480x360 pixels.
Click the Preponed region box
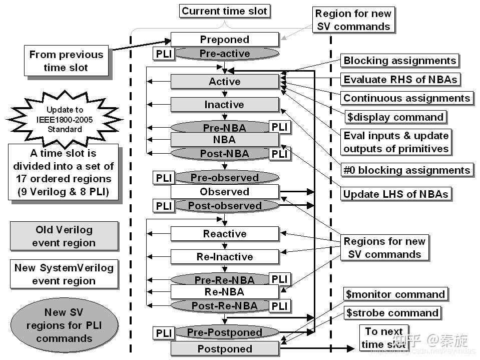pyautogui.click(x=224, y=40)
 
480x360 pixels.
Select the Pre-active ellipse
pyautogui.click(x=224, y=54)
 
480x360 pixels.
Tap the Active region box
pyautogui.click(x=224, y=82)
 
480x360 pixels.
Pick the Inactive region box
pyautogui.click(x=224, y=105)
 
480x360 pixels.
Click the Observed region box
pyautogui.click(x=224, y=192)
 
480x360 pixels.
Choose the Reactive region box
pyautogui.click(x=224, y=234)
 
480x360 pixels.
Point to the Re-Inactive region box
pyautogui.click(x=224, y=257)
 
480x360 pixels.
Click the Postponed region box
pyautogui.click(x=224, y=349)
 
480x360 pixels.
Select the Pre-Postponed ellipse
pyautogui.click(x=224, y=332)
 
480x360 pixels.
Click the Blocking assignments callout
pyautogui.click(x=400, y=61)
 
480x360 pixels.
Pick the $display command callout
pyautogui.click(x=395, y=117)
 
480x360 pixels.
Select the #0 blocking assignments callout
pyautogui.click(x=407, y=170)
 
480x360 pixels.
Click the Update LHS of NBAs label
pyautogui.click(x=395, y=194)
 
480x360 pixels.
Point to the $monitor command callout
pyautogui.click(x=395, y=294)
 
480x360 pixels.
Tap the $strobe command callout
pyautogui.click(x=392, y=313)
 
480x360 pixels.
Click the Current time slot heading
pyautogui.click(x=225, y=11)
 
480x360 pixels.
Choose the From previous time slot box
pyautogui.click(x=66, y=61)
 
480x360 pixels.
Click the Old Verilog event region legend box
pyautogui.click(x=64, y=236)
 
